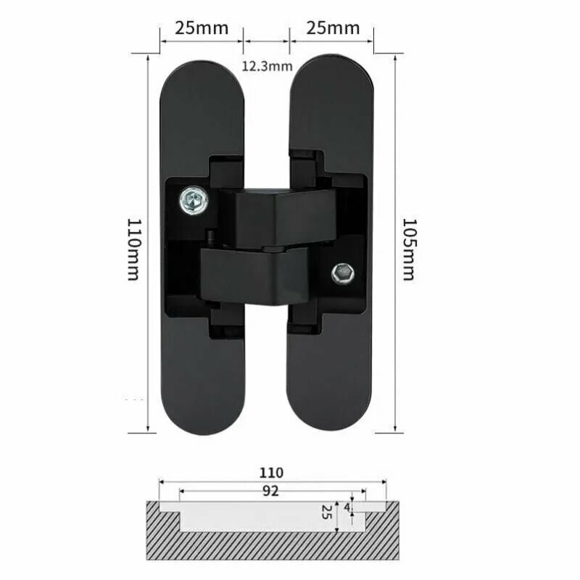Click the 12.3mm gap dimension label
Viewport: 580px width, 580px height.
click(267, 66)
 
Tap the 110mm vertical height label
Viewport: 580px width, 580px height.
click(134, 249)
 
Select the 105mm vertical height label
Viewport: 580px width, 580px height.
click(410, 249)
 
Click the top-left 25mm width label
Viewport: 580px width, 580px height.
click(202, 28)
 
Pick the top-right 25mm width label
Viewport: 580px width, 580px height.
click(333, 28)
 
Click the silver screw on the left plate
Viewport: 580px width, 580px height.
click(194, 200)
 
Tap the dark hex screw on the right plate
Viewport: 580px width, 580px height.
click(343, 274)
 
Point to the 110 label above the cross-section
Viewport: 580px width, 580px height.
click(271, 473)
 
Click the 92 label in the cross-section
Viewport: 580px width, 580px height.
click(270, 491)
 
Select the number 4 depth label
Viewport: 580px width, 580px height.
click(347, 507)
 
